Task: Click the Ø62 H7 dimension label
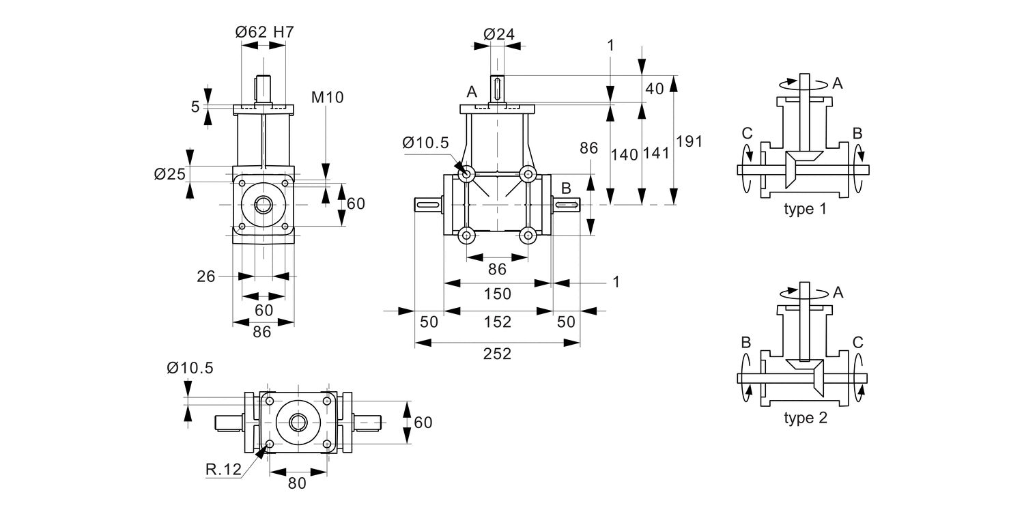[264, 32]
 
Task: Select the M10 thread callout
[327, 97]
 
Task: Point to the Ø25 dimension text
[170, 174]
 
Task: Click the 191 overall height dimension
[689, 141]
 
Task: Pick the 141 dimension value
[656, 154]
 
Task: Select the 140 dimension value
[625, 154]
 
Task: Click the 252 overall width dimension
[497, 354]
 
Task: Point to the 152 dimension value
[497, 322]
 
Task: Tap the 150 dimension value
[497, 294]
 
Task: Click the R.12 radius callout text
[222, 469]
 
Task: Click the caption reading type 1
[805, 209]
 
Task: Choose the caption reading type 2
[805, 418]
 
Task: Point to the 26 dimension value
[207, 276]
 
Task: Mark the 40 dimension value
[654, 89]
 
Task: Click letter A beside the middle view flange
[471, 92]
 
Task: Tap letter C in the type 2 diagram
[858, 342]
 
